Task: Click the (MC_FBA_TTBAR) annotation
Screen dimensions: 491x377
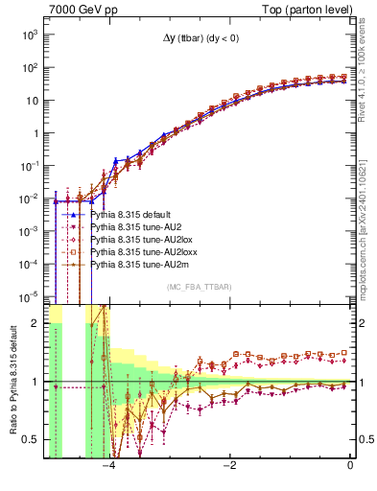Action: [x=198, y=288]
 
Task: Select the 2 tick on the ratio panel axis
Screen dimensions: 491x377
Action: [x=36, y=323]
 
